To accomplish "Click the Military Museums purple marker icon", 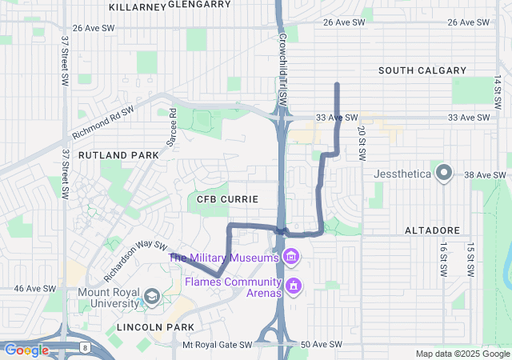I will (292, 257).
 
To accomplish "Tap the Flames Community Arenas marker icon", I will (294, 285).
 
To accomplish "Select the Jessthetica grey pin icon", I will (445, 173).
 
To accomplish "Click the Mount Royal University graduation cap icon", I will (150, 299).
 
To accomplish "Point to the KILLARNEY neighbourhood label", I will (136, 6).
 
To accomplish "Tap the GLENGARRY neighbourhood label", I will (200, 4).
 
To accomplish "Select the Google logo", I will (26, 350).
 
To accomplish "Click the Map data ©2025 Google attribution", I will (462, 354).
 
